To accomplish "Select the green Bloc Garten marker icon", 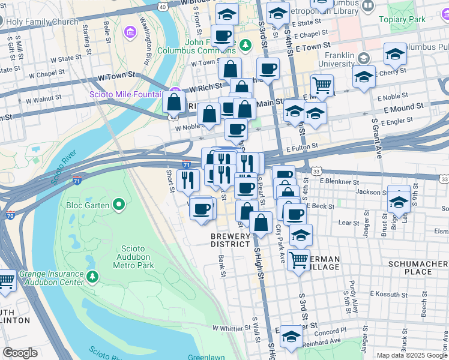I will [119, 205].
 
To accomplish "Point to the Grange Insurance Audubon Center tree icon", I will [92, 277].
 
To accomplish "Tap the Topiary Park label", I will [402, 19].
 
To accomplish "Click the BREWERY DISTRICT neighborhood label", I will [230, 240].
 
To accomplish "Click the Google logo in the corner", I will [20, 353].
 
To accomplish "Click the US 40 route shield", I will [163, 6].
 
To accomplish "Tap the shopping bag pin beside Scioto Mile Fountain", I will [173, 103].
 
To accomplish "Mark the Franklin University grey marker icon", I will [363, 58].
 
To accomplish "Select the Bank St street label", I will [221, 263].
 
